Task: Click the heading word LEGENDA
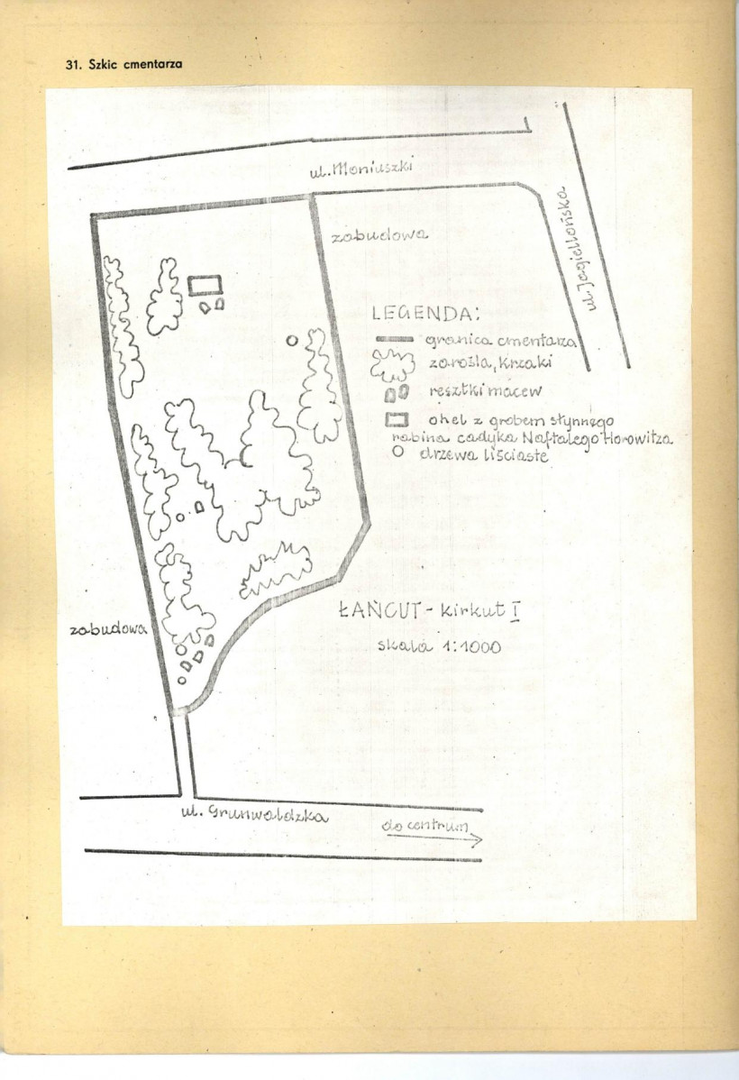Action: [x=422, y=315]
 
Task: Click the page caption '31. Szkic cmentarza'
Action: [x=125, y=66]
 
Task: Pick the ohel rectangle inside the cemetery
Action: [x=205, y=286]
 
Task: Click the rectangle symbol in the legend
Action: [x=397, y=419]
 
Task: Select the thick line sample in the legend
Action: [x=393, y=339]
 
